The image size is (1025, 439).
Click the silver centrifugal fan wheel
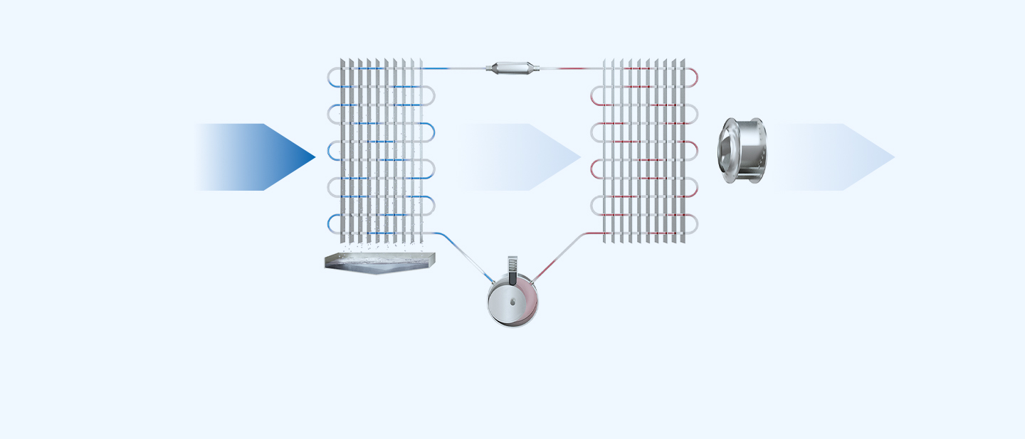click(742, 151)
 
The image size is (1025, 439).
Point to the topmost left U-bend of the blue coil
click(332, 78)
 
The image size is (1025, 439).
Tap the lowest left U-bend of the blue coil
click(332, 223)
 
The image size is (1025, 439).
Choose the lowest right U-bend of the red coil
click(693, 223)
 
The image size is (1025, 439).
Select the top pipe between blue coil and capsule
click(456, 68)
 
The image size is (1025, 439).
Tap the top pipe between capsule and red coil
click(569, 68)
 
